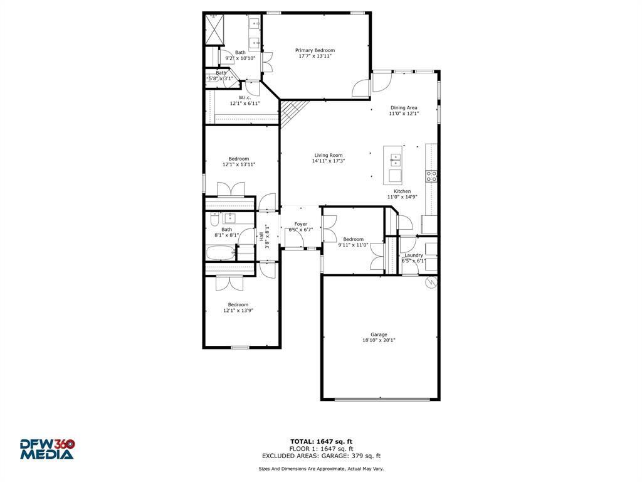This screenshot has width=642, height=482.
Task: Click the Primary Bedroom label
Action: coord(315,50)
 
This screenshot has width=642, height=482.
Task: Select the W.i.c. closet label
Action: coord(245,97)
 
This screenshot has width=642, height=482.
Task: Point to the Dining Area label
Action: coord(403,108)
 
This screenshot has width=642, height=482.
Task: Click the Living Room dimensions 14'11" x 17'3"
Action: coord(328,161)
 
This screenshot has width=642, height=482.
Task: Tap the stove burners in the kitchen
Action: coord(431,176)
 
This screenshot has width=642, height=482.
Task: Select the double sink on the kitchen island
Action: coord(395,158)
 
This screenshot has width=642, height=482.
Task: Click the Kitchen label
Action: coord(402,191)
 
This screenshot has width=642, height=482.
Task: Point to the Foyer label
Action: coord(301,224)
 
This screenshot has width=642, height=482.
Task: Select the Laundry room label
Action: coord(413,255)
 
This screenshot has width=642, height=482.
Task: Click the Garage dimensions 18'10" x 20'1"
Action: coord(378,341)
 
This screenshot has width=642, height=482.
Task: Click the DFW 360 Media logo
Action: coord(47,449)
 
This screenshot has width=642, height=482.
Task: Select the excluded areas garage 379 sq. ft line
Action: coord(321,456)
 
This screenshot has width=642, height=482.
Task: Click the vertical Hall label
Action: coord(261,237)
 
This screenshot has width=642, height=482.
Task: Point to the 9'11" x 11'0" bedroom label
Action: coord(353,239)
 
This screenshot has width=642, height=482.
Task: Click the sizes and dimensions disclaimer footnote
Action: coord(321,469)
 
